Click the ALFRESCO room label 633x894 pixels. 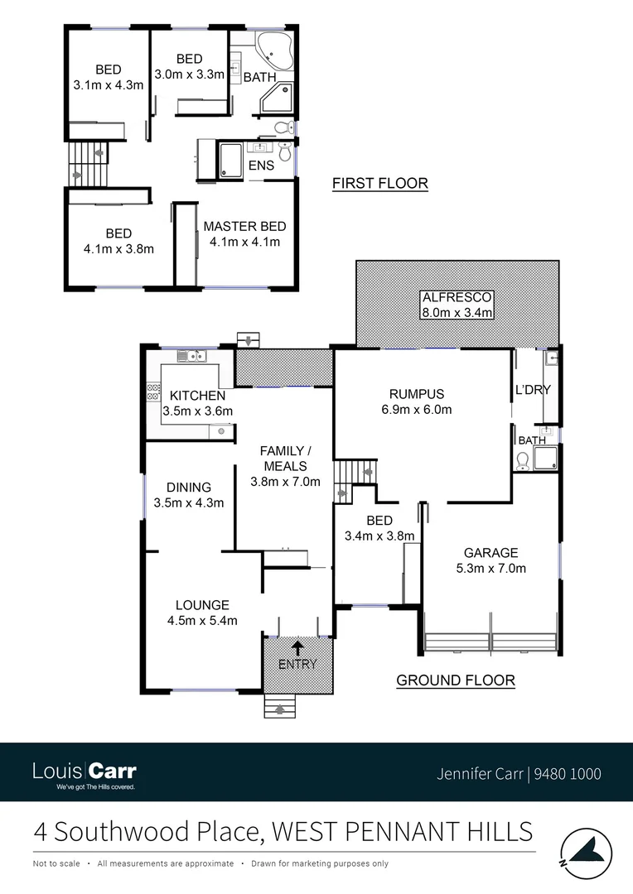[x=457, y=296]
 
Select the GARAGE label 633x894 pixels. [x=490, y=553]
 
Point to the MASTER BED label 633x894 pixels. [x=244, y=226]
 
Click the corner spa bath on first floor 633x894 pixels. [x=274, y=50]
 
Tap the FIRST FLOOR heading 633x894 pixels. [x=379, y=184]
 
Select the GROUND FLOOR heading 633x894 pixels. [x=455, y=680]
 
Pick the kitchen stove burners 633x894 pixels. [x=152, y=392]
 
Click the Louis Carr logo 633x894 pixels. [x=84, y=773]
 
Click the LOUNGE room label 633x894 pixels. [x=202, y=605]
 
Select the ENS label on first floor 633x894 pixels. [x=262, y=166]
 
